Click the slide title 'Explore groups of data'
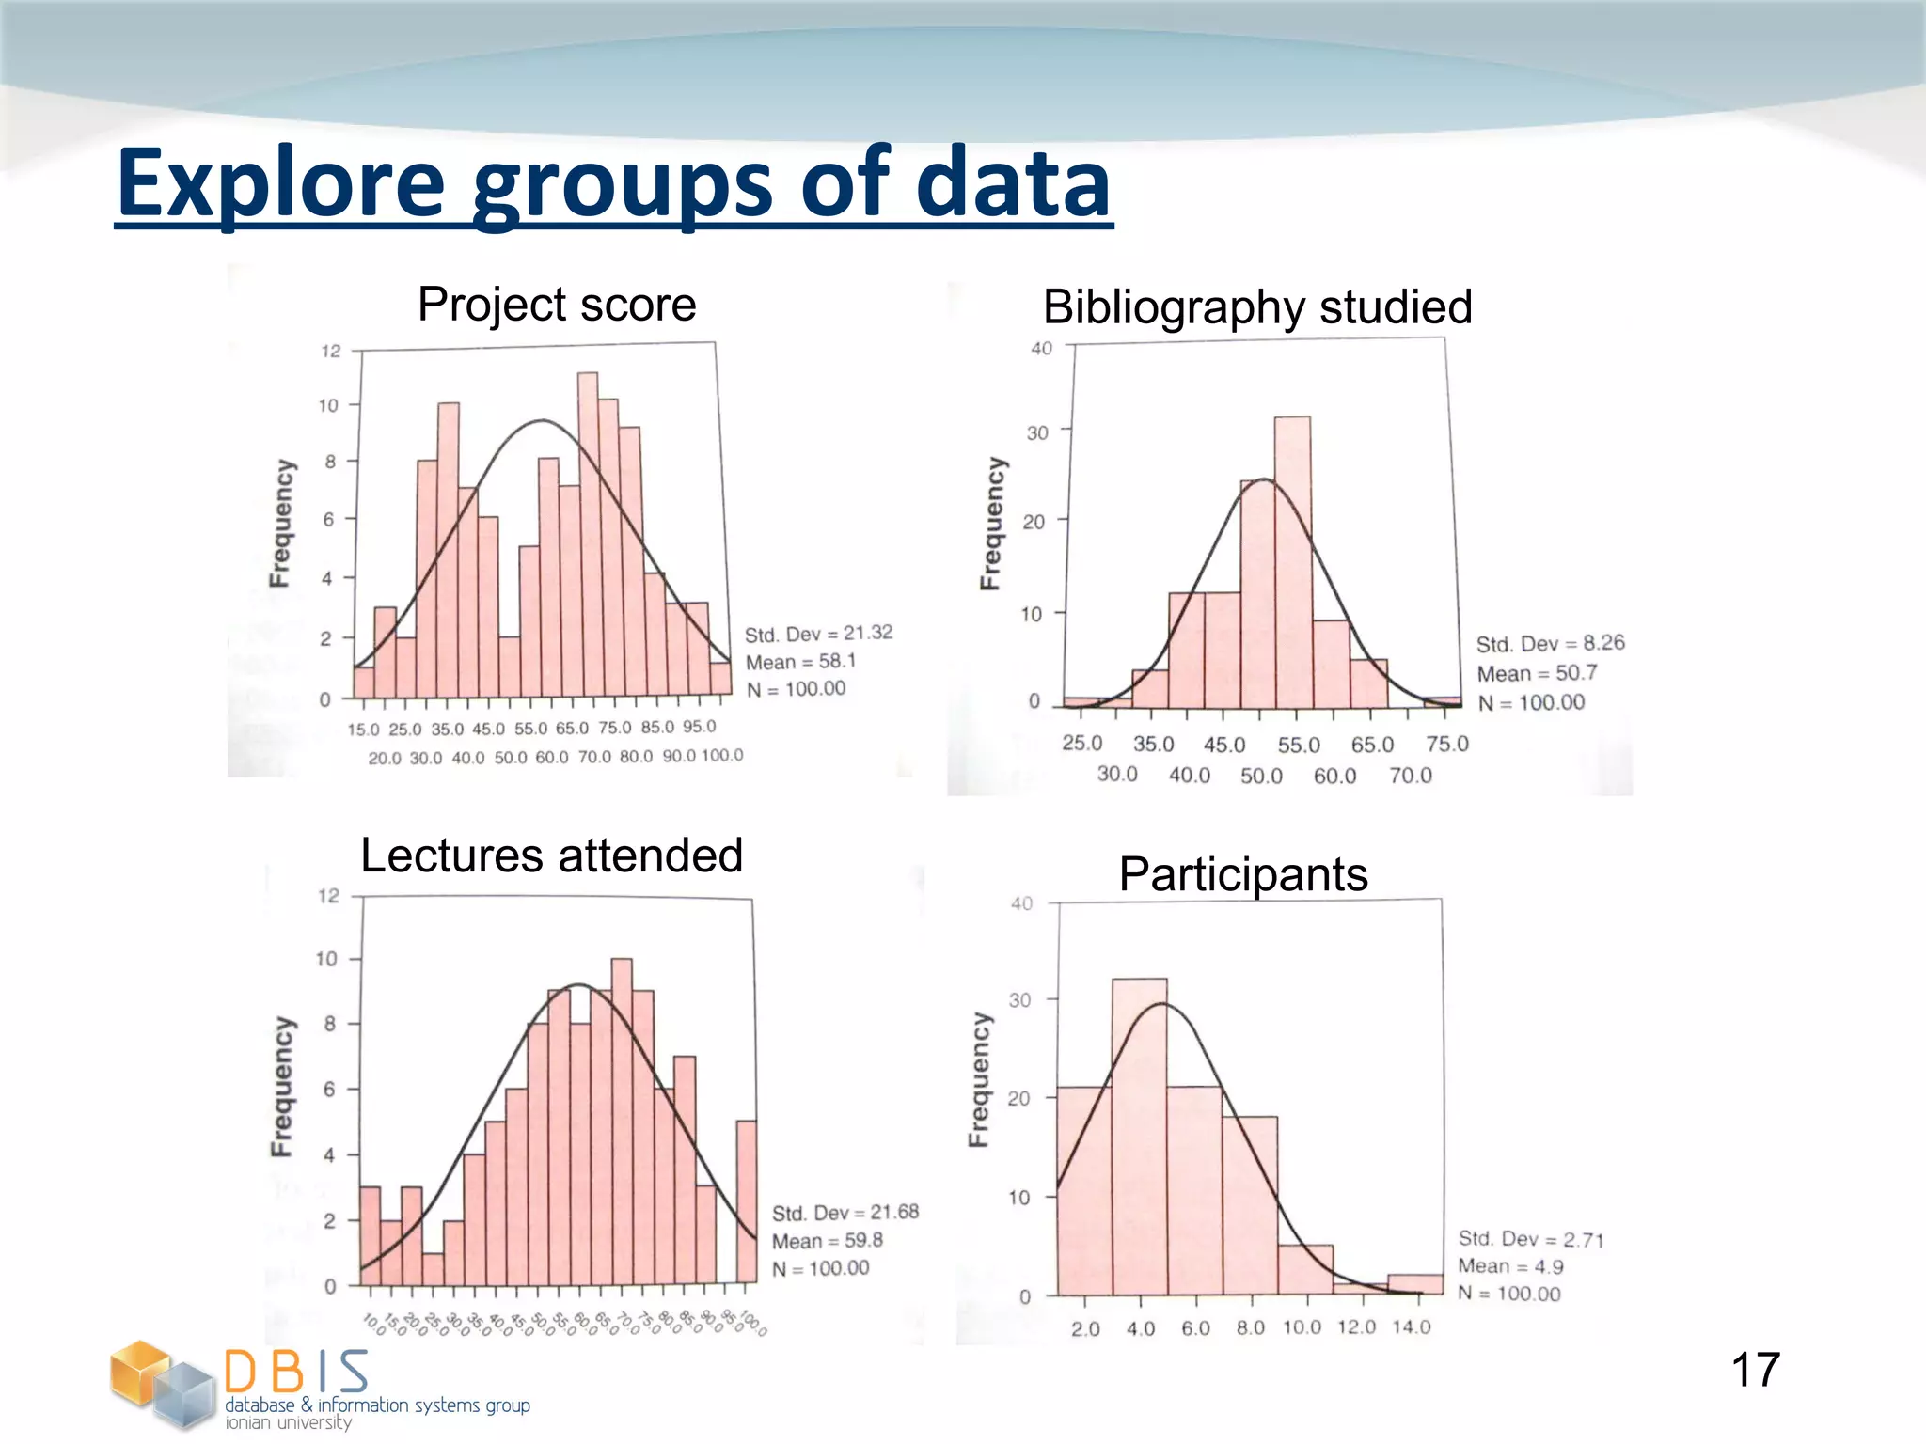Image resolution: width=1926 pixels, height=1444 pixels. (613, 183)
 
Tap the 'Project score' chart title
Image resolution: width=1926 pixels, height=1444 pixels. (557, 305)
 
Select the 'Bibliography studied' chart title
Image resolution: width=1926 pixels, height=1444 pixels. (1257, 307)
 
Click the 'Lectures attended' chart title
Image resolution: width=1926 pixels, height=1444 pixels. (552, 855)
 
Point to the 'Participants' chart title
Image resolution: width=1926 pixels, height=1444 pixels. (1242, 874)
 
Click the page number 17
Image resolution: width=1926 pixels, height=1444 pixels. (1755, 1370)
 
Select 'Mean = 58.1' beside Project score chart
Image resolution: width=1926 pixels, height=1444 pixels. (800, 662)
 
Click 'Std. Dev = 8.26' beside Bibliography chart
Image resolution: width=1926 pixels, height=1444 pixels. (1550, 644)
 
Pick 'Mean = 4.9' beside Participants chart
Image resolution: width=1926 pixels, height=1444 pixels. (1510, 1266)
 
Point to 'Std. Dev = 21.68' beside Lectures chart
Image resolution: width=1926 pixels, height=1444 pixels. (845, 1213)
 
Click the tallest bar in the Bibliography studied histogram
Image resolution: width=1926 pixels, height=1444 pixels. (1292, 564)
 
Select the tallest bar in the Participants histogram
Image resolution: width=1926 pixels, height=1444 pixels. (1139, 1138)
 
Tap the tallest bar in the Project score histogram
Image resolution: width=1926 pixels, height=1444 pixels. (588, 536)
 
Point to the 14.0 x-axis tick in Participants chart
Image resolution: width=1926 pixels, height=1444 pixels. (1412, 1326)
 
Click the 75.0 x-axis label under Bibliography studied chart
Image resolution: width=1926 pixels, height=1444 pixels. (1446, 745)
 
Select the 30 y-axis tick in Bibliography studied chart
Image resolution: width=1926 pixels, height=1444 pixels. (1036, 433)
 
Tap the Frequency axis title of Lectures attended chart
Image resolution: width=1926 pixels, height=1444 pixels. (281, 1086)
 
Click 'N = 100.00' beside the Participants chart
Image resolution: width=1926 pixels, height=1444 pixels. (1508, 1294)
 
